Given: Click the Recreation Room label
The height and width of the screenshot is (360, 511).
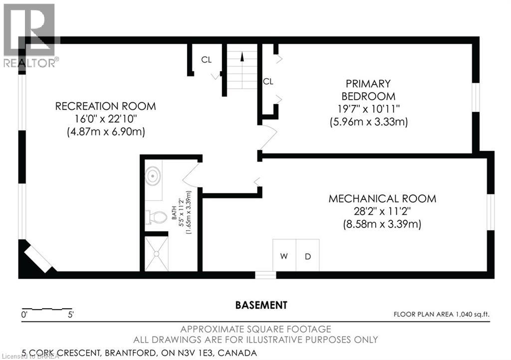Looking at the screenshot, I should [x=105, y=106].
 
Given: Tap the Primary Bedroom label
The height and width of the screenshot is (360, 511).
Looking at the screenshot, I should [x=369, y=90].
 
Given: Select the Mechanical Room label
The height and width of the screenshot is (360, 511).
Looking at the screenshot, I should [x=382, y=198].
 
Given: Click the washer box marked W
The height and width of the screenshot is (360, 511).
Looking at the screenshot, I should [x=284, y=256].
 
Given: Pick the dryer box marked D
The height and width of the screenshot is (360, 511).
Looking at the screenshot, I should [x=308, y=256].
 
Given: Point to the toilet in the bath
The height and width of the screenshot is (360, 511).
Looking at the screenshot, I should [x=156, y=217].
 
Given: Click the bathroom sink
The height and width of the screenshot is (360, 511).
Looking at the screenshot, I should [x=152, y=176].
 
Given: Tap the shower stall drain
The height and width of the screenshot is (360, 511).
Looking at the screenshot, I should [x=157, y=254].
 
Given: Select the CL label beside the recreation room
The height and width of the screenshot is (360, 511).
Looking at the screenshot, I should [x=207, y=60].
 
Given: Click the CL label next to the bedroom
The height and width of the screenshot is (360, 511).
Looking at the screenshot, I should [x=268, y=81].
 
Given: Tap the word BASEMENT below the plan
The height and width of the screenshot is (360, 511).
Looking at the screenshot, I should [x=261, y=304].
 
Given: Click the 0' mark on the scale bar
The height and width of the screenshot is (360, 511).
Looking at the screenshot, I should [x=23, y=315].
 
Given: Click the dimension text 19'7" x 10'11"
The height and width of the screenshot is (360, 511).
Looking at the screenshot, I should [x=369, y=109].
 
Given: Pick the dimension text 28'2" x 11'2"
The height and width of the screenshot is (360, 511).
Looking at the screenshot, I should [x=382, y=211].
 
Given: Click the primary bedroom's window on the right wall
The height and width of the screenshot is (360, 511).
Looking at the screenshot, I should [x=476, y=96].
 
